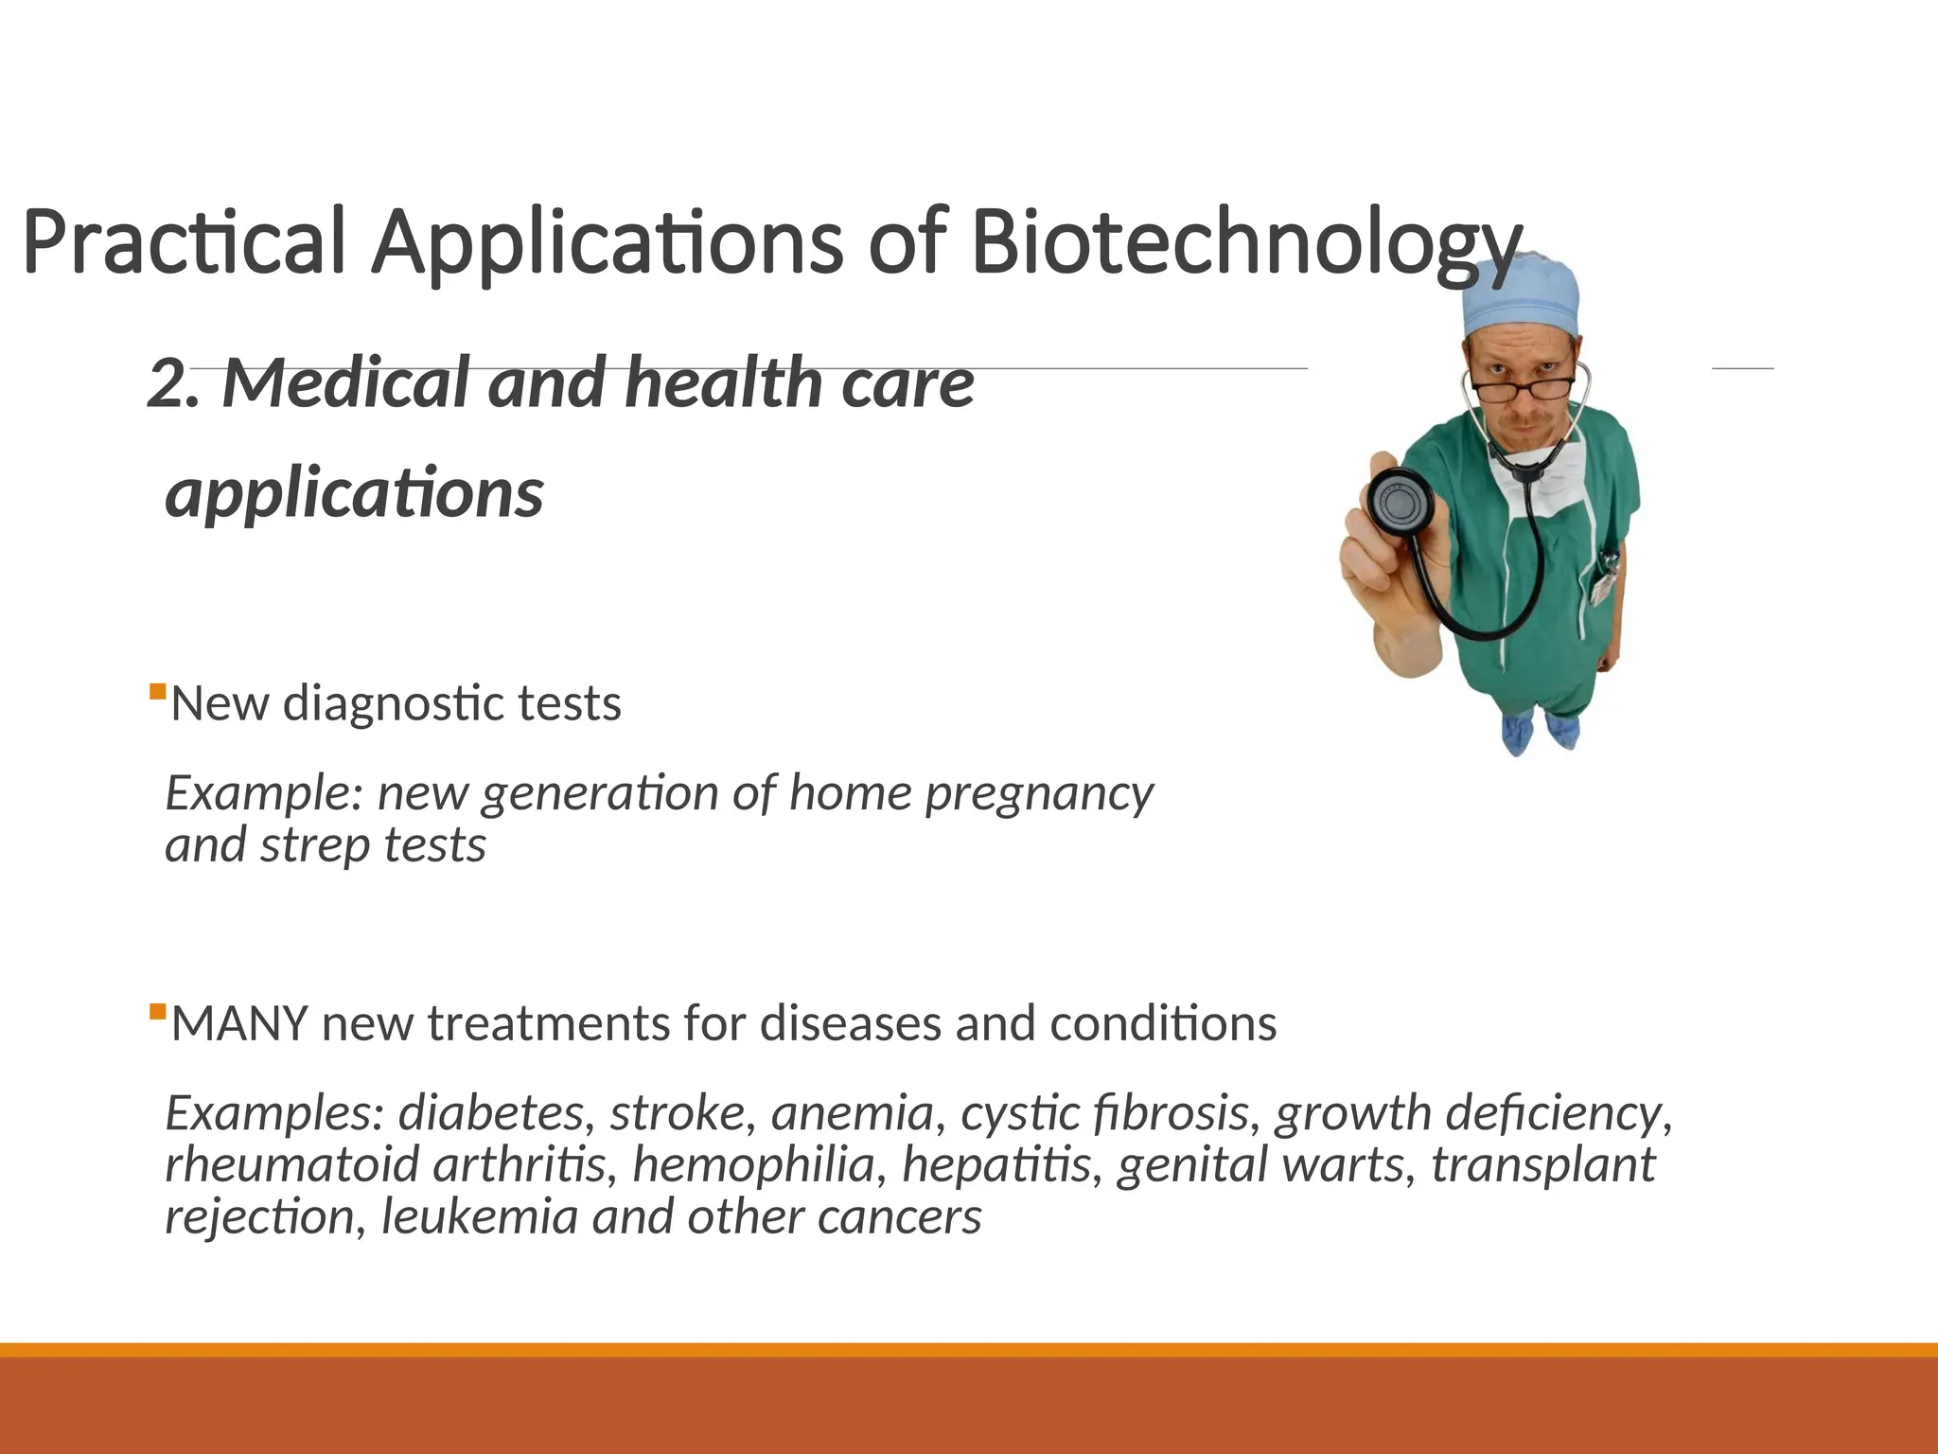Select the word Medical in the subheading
click(345, 384)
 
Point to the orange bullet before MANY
click(158, 1011)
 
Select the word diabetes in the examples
click(491, 1113)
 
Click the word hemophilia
click(753, 1165)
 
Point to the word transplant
click(1543, 1165)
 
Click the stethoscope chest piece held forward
click(1400, 500)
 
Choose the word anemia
click(853, 1113)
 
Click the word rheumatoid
click(291, 1165)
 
